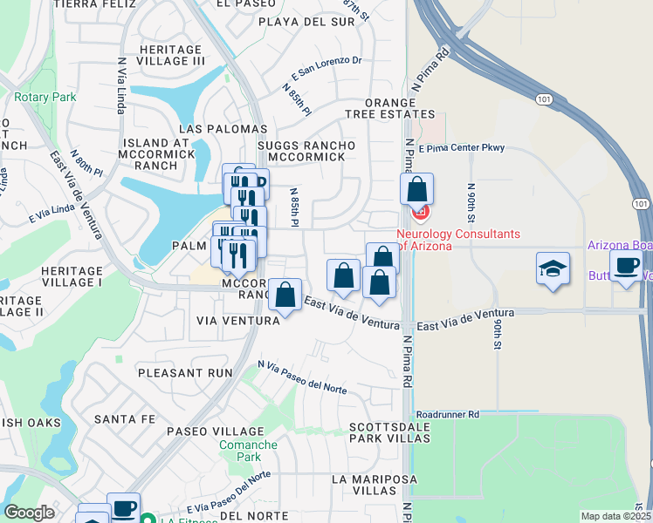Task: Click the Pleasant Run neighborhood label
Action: pyautogui.click(x=186, y=372)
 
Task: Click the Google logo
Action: pyautogui.click(x=29, y=513)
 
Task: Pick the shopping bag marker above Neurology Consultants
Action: pyautogui.click(x=417, y=188)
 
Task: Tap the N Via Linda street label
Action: pyautogui.click(x=121, y=85)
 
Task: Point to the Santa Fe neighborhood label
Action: pyautogui.click(x=125, y=419)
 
